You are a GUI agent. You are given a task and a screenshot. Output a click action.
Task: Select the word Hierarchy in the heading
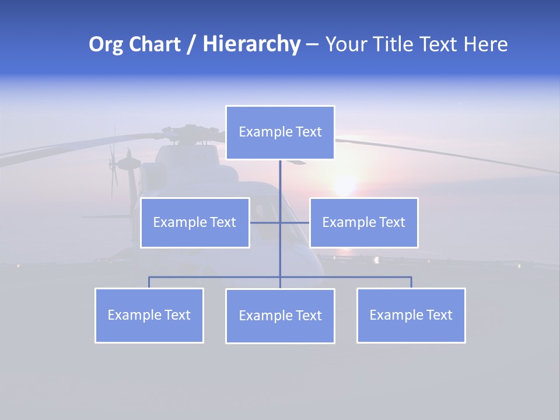tap(251, 44)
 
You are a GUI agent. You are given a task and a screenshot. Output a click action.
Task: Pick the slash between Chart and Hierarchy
tap(191, 45)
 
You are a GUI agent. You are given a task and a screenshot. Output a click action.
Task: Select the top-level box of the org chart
tap(280, 132)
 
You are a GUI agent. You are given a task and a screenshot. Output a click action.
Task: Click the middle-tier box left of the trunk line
tap(195, 222)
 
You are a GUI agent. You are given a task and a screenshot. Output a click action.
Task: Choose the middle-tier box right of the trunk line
tap(363, 222)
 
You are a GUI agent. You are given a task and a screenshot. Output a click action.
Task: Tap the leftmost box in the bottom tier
tap(149, 315)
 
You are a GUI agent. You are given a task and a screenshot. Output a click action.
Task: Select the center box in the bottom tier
tap(280, 316)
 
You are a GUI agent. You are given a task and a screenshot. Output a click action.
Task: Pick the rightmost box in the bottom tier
tap(411, 315)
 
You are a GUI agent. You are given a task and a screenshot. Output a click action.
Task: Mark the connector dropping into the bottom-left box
tap(149, 282)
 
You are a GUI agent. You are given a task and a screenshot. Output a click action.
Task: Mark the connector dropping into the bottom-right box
tap(411, 282)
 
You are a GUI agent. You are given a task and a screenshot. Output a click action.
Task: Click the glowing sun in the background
tap(345, 185)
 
